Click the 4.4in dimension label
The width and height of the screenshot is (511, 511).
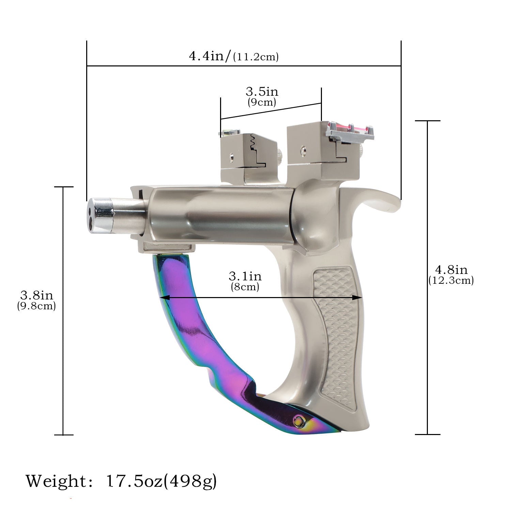(209, 56)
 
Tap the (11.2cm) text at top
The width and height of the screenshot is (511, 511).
(256, 57)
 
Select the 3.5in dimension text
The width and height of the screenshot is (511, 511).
(262, 92)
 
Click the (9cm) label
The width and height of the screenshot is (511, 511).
(262, 102)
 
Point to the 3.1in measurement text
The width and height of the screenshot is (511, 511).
(245, 276)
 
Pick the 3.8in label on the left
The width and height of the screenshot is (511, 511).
(36, 295)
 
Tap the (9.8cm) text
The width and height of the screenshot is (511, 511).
(36, 306)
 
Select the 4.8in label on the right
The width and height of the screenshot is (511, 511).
(451, 269)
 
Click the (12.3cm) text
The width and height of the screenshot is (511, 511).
(451, 280)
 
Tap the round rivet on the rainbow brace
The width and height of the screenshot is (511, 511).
(299, 421)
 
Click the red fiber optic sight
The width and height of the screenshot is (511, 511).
(351, 128)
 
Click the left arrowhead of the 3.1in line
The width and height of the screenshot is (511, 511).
(162, 298)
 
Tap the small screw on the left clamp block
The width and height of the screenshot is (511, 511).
(232, 157)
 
